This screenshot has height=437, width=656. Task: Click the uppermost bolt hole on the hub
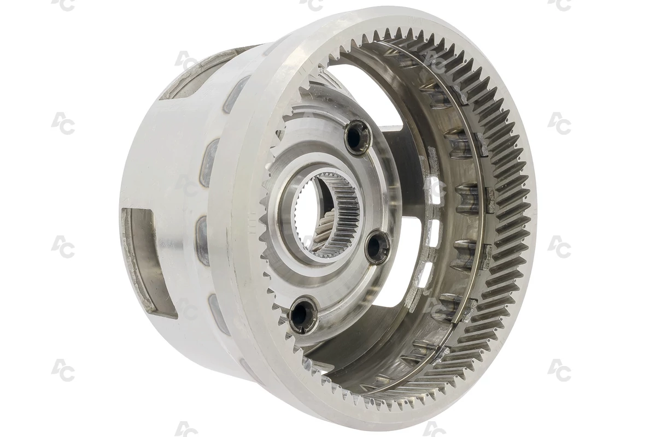pyautogui.click(x=355, y=136)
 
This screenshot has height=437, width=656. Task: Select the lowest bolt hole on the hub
pyautogui.click(x=301, y=315)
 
